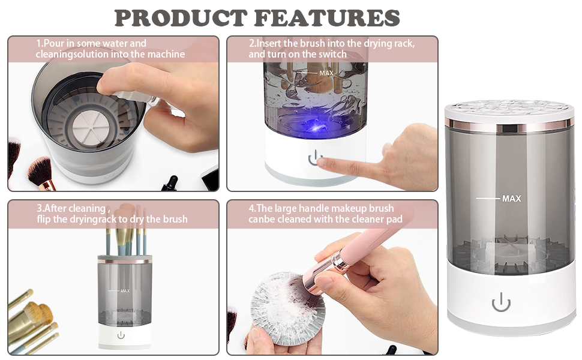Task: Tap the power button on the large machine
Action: [x=501, y=303]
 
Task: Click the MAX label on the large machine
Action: [x=511, y=199]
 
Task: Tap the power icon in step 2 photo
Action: [x=315, y=159]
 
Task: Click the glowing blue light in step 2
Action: [x=314, y=126]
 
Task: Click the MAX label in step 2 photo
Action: [x=326, y=73]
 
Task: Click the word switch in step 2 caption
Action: [x=332, y=55]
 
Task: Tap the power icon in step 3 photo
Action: [x=121, y=335]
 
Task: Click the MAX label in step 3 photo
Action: [x=125, y=291]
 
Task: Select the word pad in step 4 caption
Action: [x=395, y=220]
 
